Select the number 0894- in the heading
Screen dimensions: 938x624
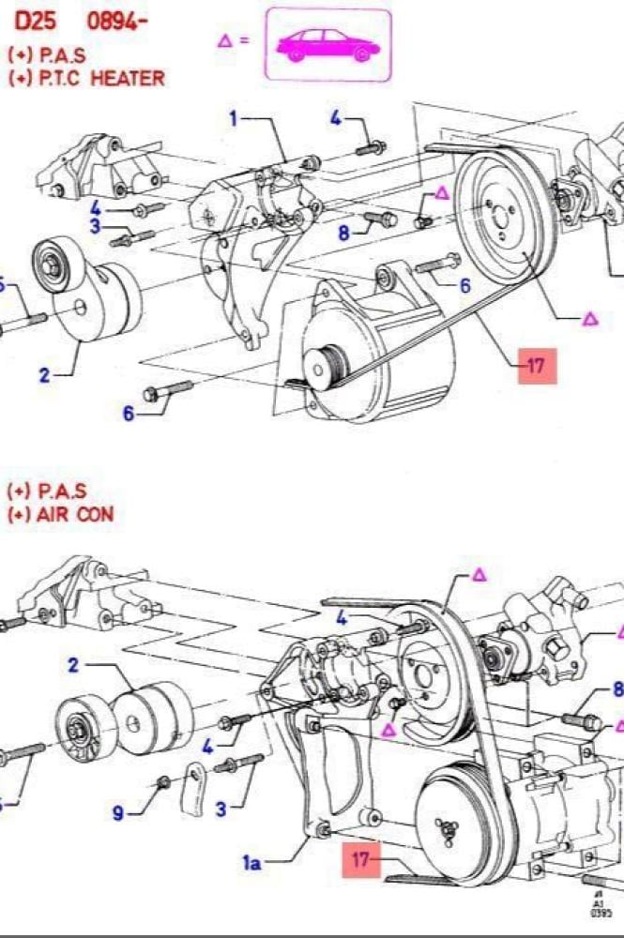coord(117,21)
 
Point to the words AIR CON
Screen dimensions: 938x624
coord(80,513)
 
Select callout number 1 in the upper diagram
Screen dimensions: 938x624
coord(234,118)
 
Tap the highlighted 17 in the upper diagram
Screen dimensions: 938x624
coord(535,365)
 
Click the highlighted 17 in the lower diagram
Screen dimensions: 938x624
coord(361,859)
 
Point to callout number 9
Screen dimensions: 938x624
coord(118,812)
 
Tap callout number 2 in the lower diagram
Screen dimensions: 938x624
coord(72,665)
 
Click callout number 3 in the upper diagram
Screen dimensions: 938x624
coord(95,226)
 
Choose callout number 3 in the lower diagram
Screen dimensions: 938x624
coord(221,809)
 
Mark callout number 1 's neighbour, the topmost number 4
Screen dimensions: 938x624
coord(336,118)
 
